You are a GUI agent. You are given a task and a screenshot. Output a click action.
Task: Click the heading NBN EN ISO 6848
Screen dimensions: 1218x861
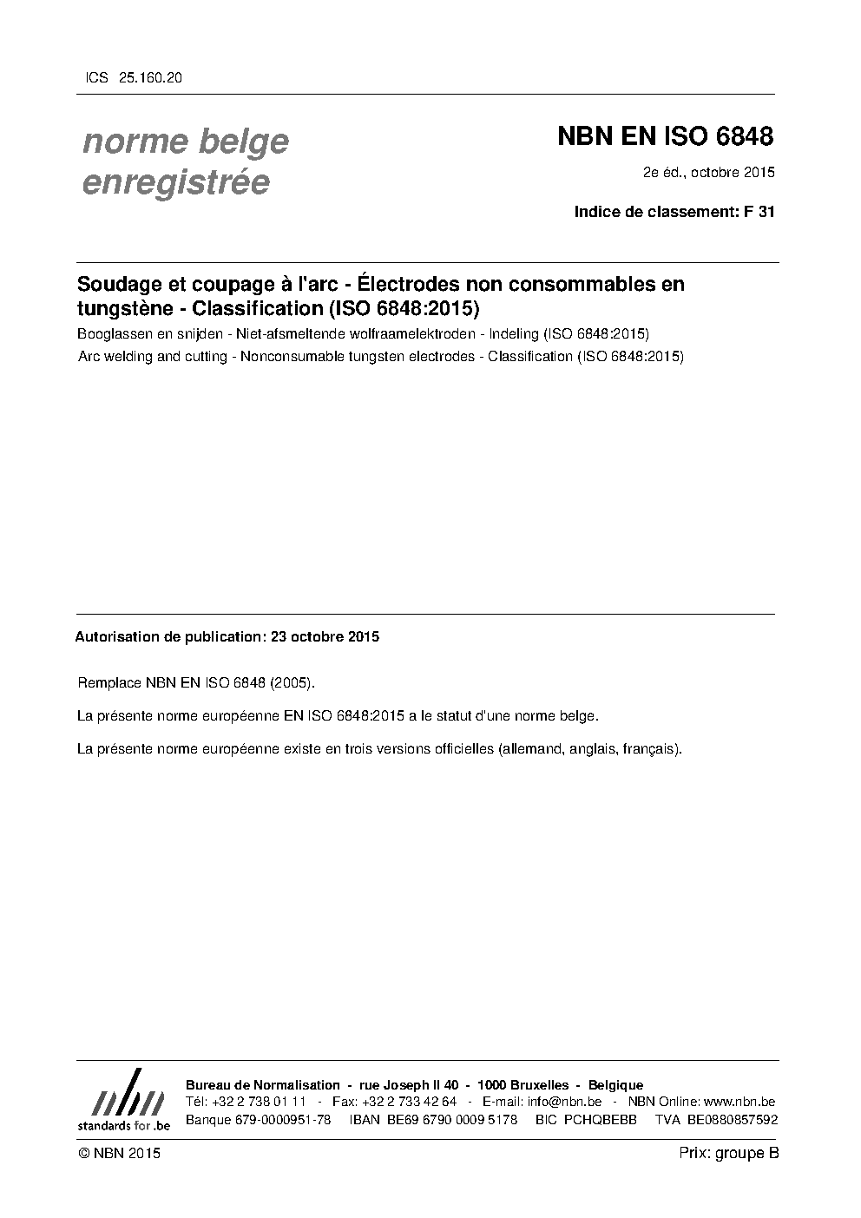pyautogui.click(x=665, y=137)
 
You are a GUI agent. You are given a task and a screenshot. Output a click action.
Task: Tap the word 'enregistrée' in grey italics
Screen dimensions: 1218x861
pyautogui.click(x=175, y=183)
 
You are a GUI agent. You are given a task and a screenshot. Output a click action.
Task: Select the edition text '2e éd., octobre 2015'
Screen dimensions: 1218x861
pyautogui.click(x=708, y=172)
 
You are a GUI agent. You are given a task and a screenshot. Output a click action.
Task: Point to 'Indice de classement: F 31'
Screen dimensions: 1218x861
pyautogui.click(x=674, y=211)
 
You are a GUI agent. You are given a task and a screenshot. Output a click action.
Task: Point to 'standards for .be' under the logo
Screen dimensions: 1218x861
pyautogui.click(x=123, y=1125)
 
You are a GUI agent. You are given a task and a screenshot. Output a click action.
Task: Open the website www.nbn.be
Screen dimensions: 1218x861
pyautogui.click(x=739, y=1102)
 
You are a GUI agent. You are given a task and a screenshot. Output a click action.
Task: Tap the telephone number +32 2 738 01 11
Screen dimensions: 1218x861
pyautogui.click(x=259, y=1102)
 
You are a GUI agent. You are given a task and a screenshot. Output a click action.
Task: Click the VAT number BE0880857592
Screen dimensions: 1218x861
pyautogui.click(x=733, y=1120)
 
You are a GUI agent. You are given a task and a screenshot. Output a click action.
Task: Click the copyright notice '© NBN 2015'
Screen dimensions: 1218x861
pyautogui.click(x=119, y=1153)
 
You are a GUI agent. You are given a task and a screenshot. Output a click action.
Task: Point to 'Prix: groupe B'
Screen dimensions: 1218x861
pyautogui.click(x=729, y=1153)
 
